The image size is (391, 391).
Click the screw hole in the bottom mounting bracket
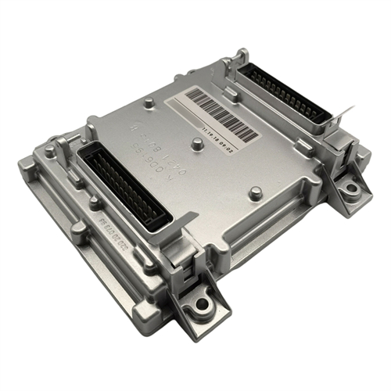[203, 303]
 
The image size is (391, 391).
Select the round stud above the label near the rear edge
[149, 102]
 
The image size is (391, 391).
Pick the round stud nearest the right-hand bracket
[253, 192]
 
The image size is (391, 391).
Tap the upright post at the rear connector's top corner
[247, 56]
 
